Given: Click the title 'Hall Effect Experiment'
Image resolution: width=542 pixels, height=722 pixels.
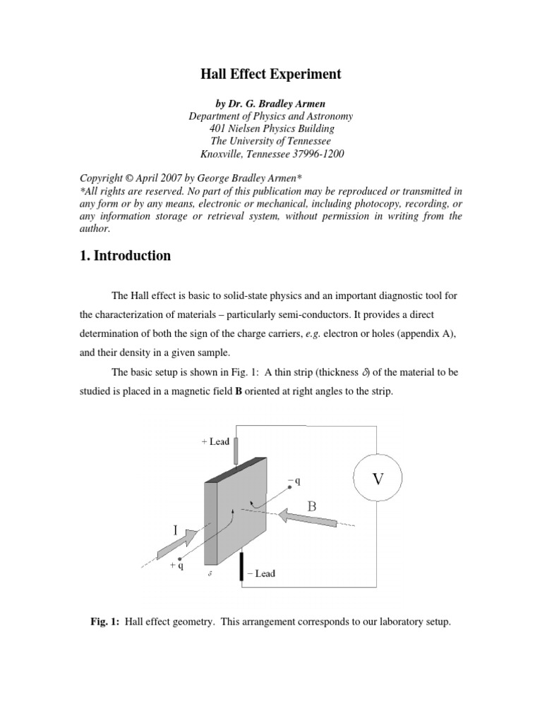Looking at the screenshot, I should [271, 73].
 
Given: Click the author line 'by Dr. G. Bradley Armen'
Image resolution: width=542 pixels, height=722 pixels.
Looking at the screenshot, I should [271, 102].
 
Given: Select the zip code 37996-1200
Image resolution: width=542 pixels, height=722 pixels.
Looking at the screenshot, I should [315, 154].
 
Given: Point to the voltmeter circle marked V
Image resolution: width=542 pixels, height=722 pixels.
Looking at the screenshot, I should [378, 479].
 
